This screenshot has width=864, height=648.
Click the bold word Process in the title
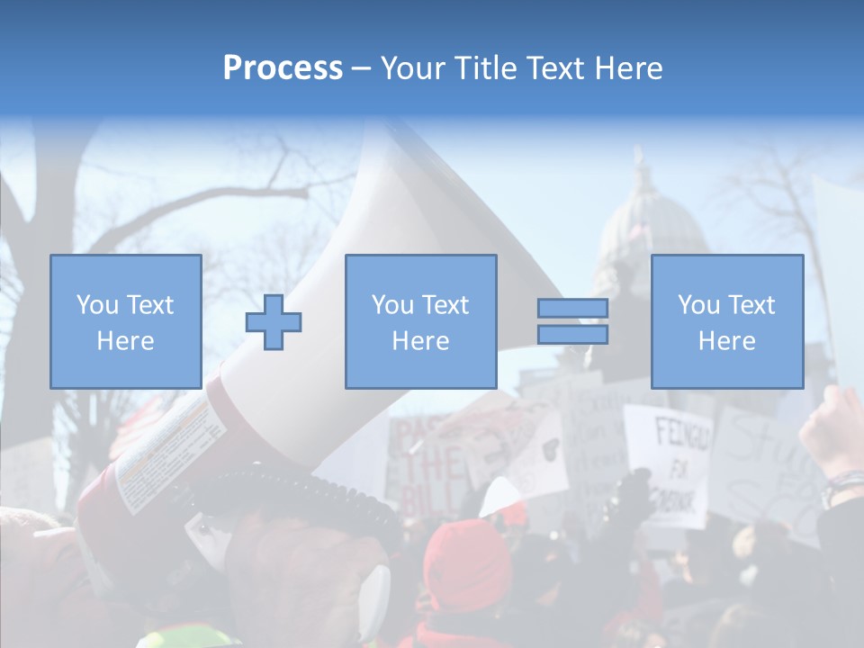coord(283,68)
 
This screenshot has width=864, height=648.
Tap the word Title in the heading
coord(487,68)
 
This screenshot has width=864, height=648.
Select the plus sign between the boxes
coord(274,322)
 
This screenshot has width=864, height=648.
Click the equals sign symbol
coord(572,321)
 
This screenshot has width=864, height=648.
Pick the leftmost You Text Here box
coord(125,321)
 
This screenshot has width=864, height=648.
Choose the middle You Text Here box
coord(420,321)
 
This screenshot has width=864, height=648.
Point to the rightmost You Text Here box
coord(726,321)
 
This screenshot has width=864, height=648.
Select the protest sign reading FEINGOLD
coord(668,463)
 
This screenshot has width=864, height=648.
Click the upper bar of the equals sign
coord(572,308)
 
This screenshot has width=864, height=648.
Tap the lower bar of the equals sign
coord(572,335)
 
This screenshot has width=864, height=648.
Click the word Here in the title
coord(625,68)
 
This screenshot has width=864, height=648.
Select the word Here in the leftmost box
coord(125,340)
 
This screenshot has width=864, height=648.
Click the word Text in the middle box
coord(445,304)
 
